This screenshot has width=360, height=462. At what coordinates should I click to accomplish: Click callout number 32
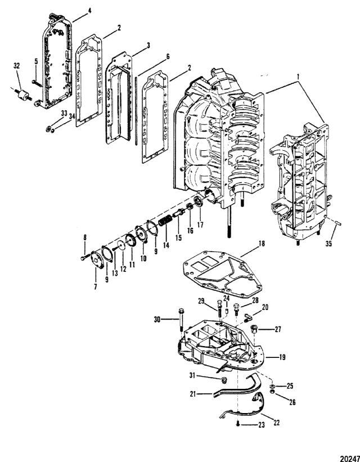(x=16, y=66)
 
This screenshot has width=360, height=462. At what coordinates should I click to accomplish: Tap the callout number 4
(x=89, y=11)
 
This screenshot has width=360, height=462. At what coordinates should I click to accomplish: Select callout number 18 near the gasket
(x=261, y=244)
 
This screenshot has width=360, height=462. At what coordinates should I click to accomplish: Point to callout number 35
(x=328, y=243)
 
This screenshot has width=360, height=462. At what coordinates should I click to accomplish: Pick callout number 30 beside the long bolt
(x=157, y=319)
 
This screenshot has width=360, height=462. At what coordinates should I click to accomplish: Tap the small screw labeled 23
(x=238, y=424)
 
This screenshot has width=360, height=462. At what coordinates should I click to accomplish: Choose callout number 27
(x=278, y=329)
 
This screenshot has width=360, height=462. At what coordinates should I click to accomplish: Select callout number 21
(x=193, y=394)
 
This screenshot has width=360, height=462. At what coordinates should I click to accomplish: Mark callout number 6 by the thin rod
(x=168, y=57)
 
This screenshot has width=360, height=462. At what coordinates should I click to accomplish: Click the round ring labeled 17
(x=198, y=203)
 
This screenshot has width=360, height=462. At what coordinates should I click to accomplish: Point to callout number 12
(x=123, y=268)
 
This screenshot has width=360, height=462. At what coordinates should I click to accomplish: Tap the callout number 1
(x=299, y=77)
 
